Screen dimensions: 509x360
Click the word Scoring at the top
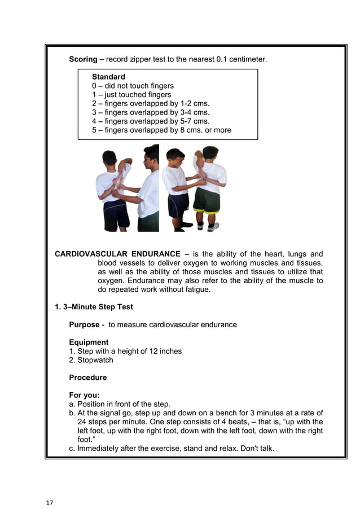(83, 59)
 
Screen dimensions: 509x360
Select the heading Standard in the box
(108, 77)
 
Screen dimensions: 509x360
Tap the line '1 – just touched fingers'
(131, 95)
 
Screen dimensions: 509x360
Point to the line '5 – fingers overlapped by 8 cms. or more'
(161, 130)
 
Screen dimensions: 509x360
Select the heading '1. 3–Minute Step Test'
(94, 308)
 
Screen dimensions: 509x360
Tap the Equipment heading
(89, 342)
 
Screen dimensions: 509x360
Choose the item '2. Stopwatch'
(91, 360)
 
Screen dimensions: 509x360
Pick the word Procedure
(87, 377)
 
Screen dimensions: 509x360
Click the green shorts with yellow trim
(206, 201)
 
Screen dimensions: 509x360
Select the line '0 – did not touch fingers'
(133, 86)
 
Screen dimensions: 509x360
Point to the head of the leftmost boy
(109, 157)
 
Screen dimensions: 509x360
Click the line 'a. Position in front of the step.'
(120, 404)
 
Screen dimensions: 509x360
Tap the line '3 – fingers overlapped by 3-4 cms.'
(151, 112)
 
